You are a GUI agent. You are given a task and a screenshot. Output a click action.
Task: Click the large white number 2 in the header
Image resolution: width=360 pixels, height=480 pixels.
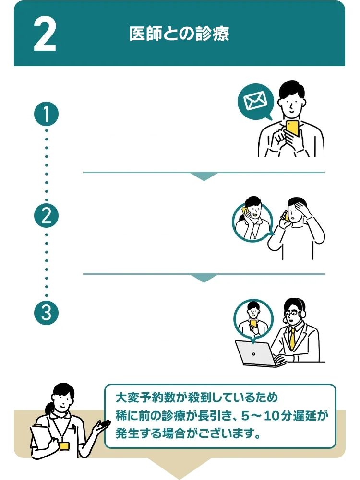45,35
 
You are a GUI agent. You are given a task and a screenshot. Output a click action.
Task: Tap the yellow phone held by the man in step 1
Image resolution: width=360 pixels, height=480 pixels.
292,128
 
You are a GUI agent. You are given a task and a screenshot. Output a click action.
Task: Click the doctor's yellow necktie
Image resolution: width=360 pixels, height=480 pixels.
292,339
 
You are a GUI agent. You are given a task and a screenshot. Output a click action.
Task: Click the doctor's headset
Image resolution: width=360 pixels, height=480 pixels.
301,312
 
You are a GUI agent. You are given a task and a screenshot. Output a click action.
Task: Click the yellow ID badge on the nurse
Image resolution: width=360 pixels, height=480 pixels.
64,445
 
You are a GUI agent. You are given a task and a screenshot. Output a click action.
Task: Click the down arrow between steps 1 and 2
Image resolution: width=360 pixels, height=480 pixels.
204,176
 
